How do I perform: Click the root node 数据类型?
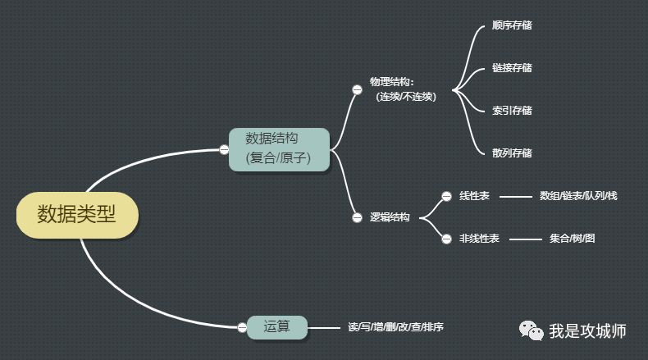pyautogui.click(x=77, y=216)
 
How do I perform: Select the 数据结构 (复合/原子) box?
pyautogui.click(x=279, y=148)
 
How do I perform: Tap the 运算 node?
pyautogui.click(x=277, y=326)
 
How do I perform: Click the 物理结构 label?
pyautogui.click(x=392, y=82)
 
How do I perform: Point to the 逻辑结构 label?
pyautogui.click(x=390, y=217)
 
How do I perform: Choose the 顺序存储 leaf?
pyautogui.click(x=512, y=25)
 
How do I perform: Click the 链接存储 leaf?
pyautogui.click(x=512, y=68)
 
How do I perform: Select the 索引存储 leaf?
pyautogui.click(x=512, y=111)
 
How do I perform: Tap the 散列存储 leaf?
pyautogui.click(x=512, y=153)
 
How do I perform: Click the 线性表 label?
pyautogui.click(x=475, y=196)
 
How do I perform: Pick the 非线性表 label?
pyautogui.click(x=480, y=239)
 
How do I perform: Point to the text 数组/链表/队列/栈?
pyautogui.click(x=578, y=196)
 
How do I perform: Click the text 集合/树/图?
pyautogui.click(x=573, y=239)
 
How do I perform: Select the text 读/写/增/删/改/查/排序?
pyautogui.click(x=395, y=327)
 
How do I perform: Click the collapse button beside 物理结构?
pyautogui.click(x=357, y=89)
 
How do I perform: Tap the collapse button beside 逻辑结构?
pyautogui.click(x=357, y=217)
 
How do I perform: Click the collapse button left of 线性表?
pyautogui.click(x=446, y=196)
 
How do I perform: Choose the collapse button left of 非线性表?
pyautogui.click(x=446, y=239)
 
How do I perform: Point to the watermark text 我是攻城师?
pyautogui.click(x=587, y=331)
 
